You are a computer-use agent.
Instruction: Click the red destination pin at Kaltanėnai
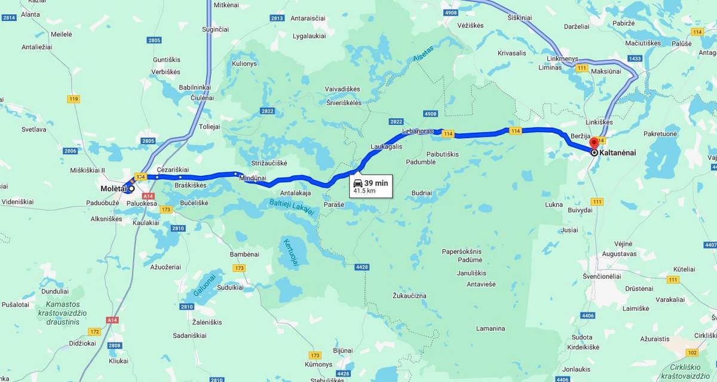tap(594, 143)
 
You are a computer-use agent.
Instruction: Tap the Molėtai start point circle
tap(131, 188)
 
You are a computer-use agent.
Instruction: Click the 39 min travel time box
tap(371, 186)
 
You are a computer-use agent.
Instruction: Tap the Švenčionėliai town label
tap(602, 276)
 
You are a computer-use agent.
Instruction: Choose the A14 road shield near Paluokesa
tap(149, 196)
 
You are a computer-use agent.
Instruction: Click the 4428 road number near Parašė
tap(361, 267)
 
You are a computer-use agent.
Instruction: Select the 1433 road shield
tap(635, 59)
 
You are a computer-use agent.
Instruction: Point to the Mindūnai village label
tap(252, 178)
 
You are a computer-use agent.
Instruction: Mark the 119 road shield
tap(73, 99)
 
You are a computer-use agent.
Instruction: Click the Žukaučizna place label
tap(409, 295)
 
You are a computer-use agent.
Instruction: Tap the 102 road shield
tap(692, 352)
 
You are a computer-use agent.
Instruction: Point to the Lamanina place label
tap(491, 328)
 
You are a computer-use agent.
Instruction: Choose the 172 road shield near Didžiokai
tap(94, 331)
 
